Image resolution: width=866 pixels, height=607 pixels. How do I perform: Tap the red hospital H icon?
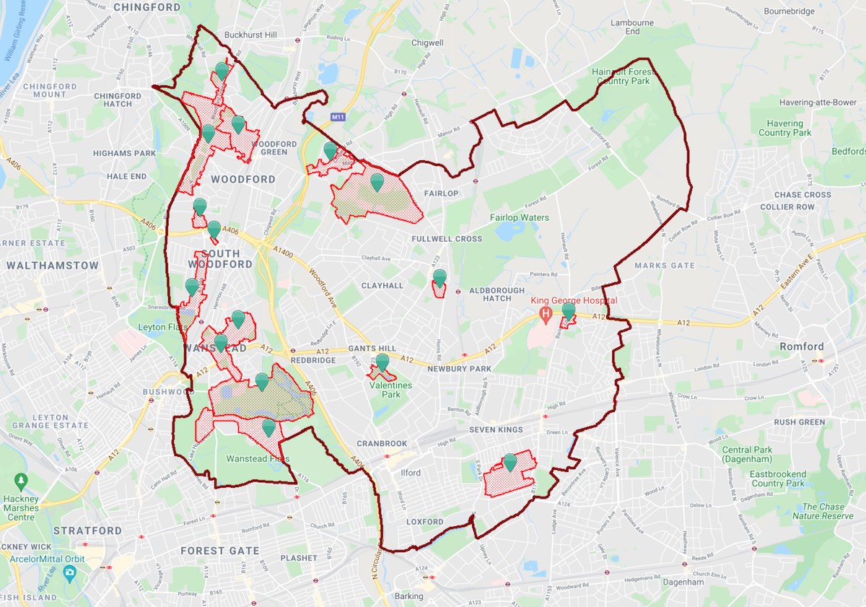[546, 313]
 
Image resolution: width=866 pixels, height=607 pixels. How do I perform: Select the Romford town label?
[802, 346]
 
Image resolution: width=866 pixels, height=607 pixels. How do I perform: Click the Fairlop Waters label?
[520, 217]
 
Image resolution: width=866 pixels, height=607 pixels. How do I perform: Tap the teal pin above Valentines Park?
[382, 362]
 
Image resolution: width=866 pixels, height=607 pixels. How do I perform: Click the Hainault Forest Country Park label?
[621, 77]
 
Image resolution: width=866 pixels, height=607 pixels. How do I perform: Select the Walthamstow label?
[52, 265]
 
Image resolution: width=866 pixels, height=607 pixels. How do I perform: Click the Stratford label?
[87, 530]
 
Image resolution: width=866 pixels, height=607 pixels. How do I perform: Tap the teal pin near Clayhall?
[439, 277]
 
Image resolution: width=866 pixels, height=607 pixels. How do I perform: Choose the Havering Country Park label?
[785, 128]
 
